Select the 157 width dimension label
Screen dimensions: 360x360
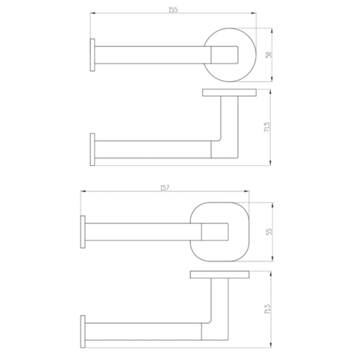pos(164,189)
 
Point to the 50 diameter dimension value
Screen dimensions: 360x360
pos(269,55)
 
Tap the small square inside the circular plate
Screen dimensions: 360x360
pos(225,55)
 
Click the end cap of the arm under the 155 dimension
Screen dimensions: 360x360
pos(93,55)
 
